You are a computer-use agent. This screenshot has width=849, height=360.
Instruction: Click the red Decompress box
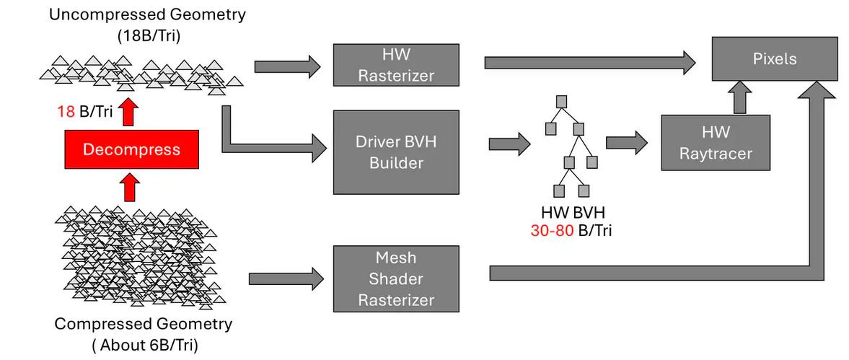click(x=131, y=150)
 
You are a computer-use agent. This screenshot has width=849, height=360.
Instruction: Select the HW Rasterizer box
click(x=396, y=65)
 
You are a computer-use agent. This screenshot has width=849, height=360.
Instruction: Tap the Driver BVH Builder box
click(x=396, y=152)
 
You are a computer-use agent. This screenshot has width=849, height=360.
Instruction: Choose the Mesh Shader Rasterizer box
click(x=396, y=278)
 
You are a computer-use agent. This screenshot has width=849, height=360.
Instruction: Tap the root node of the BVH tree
click(x=562, y=100)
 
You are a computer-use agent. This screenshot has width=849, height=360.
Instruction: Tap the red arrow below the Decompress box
click(x=130, y=187)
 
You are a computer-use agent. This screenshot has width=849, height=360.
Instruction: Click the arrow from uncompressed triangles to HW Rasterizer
click(x=287, y=66)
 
